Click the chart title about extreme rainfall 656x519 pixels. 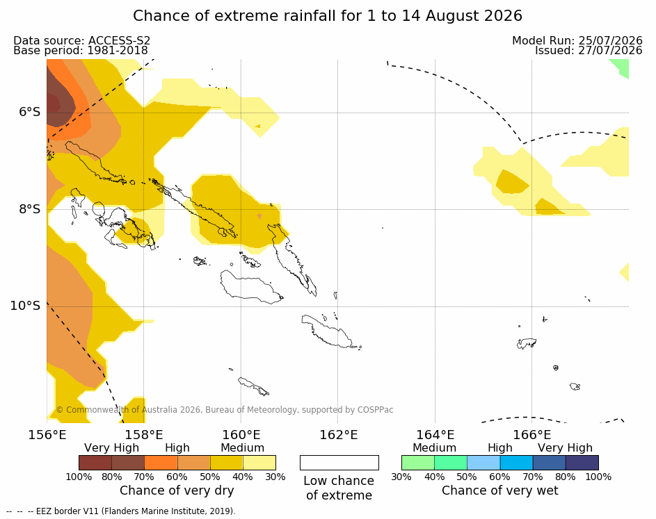[328, 16]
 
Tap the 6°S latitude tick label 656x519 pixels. [30, 112]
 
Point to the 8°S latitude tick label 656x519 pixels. [30, 209]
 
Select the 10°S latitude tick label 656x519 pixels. [26, 306]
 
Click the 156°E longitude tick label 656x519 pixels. [47, 435]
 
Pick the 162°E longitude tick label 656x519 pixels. [339, 435]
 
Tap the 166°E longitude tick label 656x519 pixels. [532, 435]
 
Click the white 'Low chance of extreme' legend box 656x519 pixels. [339, 463]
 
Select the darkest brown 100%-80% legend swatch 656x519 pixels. [95, 463]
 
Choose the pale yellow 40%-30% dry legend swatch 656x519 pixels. [259, 463]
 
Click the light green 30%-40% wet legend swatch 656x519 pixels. [418, 463]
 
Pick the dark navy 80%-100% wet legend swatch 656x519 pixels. [582, 463]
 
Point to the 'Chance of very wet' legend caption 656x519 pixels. [500, 491]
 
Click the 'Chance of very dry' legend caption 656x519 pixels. [177, 491]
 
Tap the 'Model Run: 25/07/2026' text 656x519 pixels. [577, 40]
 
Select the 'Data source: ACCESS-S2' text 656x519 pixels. [82, 40]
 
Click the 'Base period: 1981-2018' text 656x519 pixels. [81, 51]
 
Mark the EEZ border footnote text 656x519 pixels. [121, 511]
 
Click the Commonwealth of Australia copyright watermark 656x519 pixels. [225, 410]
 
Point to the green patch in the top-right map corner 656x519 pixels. [621, 67]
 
